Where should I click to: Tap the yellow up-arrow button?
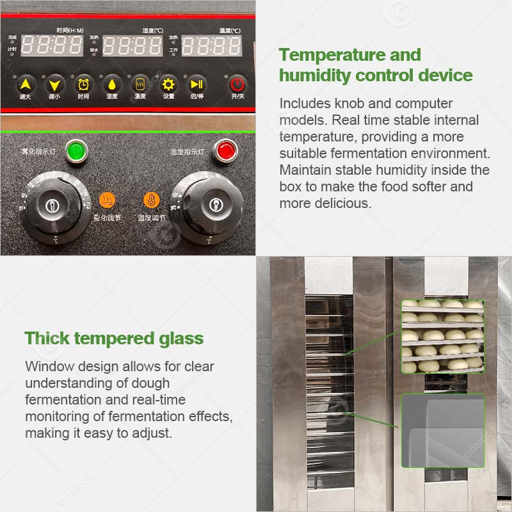coord(26,84)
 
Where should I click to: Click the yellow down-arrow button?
coord(54,84)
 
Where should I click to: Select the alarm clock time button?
coord(84,84)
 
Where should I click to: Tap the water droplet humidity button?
coord(112,84)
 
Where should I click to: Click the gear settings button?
coord(168,84)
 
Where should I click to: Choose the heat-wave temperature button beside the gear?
coord(140,84)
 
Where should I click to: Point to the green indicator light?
coord(76,151)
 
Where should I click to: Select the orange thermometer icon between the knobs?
coord(151,200)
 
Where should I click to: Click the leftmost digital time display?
coord(52,45)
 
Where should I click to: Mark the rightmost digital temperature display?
coord(212,45)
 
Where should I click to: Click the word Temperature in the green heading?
coord(330,54)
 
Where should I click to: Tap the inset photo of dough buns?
coord(442,336)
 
